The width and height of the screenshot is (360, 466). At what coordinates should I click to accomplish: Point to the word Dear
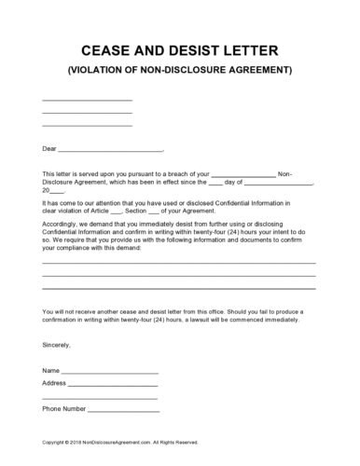click(50, 148)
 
